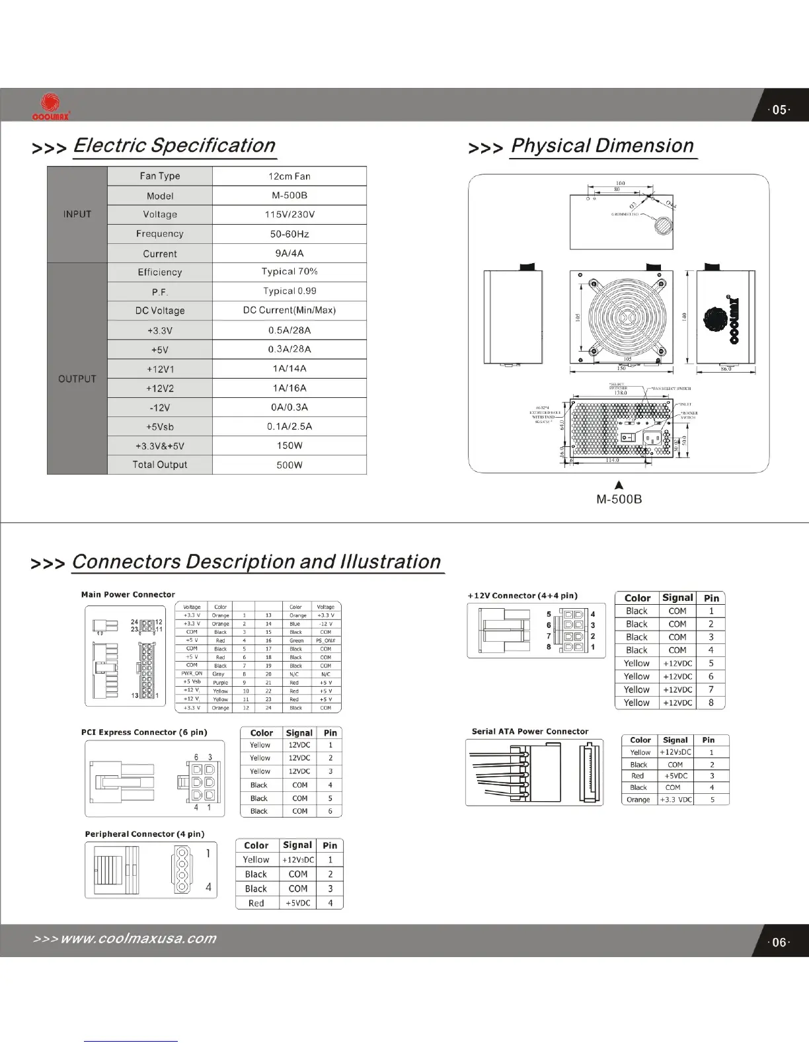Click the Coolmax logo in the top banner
click(x=46, y=106)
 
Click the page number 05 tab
click(x=780, y=110)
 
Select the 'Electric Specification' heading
click(x=174, y=145)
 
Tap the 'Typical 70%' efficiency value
click(x=289, y=272)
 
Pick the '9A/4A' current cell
click(x=289, y=253)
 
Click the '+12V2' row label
click(x=160, y=389)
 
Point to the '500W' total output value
click(x=289, y=465)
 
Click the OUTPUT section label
click(x=77, y=379)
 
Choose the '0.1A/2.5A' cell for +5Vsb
click(x=289, y=426)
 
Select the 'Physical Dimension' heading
click(x=602, y=145)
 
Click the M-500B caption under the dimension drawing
click(x=619, y=499)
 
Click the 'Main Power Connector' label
click(x=128, y=594)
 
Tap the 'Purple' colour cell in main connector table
click(x=220, y=682)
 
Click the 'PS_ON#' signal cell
click(x=326, y=640)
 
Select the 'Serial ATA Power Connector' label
click(x=530, y=731)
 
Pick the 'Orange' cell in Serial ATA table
click(x=638, y=799)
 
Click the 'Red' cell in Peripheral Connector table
click(x=256, y=903)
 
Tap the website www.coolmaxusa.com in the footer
click(x=138, y=939)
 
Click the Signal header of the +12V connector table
click(x=677, y=598)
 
